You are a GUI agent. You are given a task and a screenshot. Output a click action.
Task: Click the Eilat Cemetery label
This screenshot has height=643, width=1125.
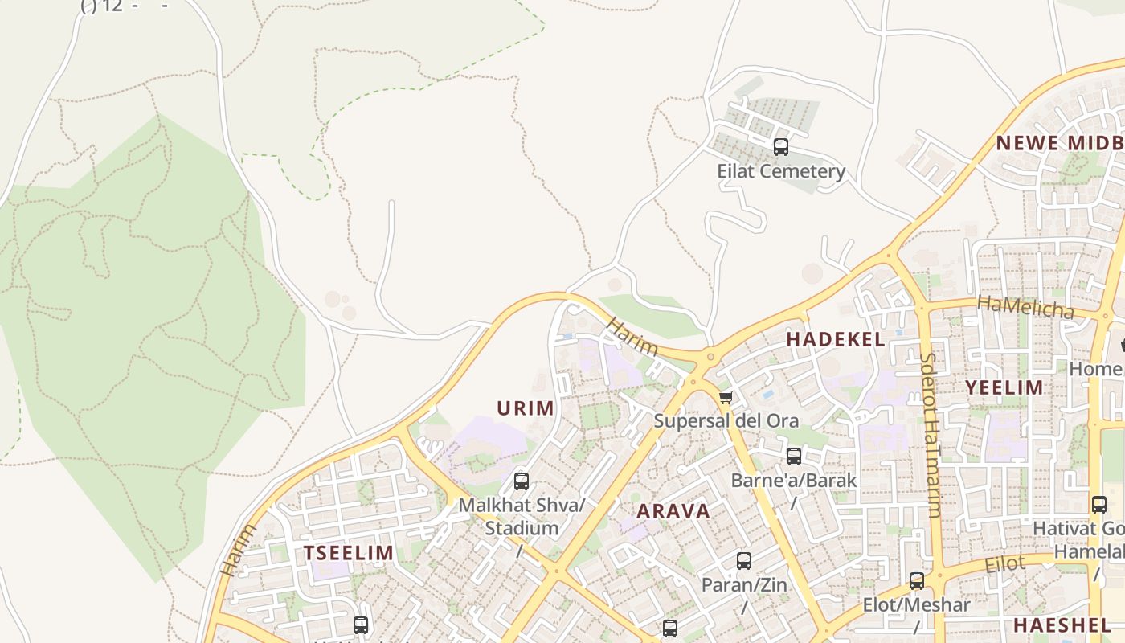pos(781,171)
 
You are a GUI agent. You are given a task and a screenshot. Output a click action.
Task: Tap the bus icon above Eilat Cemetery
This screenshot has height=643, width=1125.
pos(780,147)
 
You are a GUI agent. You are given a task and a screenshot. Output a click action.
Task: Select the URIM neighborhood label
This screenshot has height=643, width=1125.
pos(526,408)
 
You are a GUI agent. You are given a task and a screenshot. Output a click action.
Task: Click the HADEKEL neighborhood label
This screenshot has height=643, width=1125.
pos(836,339)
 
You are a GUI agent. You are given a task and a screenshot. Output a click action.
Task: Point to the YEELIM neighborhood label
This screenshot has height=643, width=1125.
pos(1004,387)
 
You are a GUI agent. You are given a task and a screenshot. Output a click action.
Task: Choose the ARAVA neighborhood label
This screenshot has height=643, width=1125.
pos(673,511)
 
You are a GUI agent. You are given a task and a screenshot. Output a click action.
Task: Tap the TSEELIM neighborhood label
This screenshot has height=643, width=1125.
pos(349,553)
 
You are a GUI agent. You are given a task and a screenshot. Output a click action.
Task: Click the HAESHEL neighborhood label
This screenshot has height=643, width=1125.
pos(1062,625)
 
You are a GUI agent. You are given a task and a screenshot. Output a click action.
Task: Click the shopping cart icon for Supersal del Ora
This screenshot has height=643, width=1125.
pos(726,397)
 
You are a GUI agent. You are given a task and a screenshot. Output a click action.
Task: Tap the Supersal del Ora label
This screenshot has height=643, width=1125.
pos(726,420)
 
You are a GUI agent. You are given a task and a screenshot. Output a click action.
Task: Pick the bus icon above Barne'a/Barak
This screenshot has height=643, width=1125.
pos(794,457)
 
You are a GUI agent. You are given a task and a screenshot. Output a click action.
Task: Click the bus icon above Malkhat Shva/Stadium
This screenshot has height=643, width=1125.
pos(522,481)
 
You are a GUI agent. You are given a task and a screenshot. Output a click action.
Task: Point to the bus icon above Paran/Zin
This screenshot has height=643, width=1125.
pos(744,561)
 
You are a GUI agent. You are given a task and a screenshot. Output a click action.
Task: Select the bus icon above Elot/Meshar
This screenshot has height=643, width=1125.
pos(917,581)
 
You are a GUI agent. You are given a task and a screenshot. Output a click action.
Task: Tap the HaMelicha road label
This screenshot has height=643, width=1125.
pos(1025,306)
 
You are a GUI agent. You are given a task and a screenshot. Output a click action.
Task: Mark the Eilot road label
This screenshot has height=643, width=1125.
pos(1005,564)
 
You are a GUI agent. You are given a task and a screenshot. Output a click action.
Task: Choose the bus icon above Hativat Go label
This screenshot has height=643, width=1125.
pos(1099,505)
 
